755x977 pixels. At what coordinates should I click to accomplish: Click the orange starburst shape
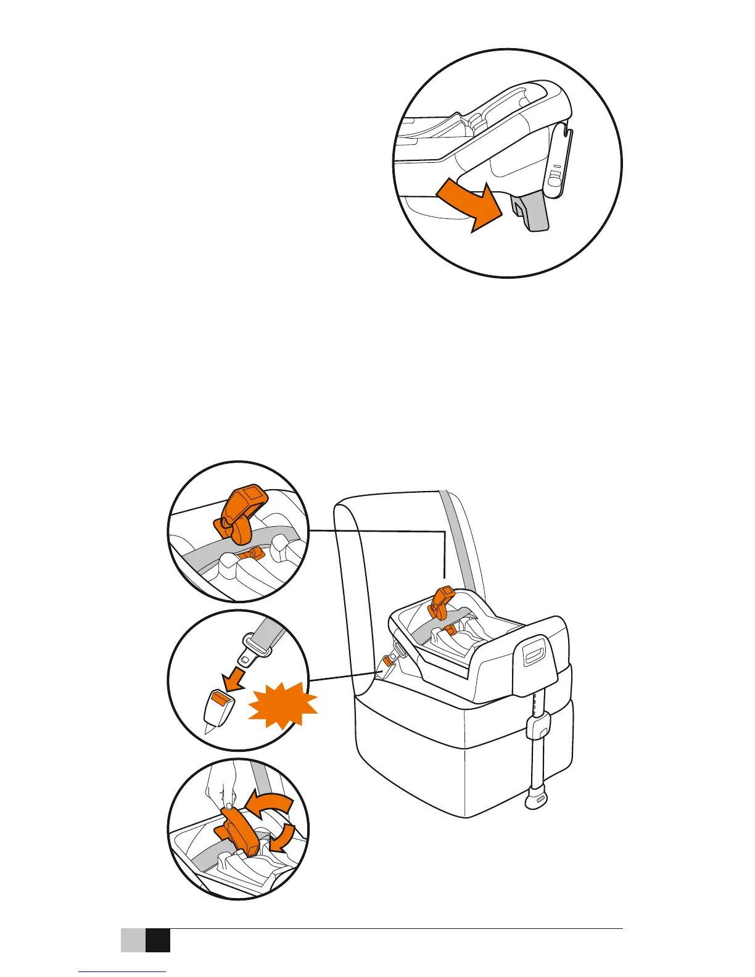[284, 706]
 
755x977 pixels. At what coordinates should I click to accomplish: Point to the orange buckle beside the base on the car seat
[389, 662]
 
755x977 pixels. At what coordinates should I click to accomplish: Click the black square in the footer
[157, 940]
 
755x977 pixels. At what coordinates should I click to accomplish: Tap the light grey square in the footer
[133, 940]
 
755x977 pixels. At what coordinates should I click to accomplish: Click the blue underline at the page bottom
[123, 971]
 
